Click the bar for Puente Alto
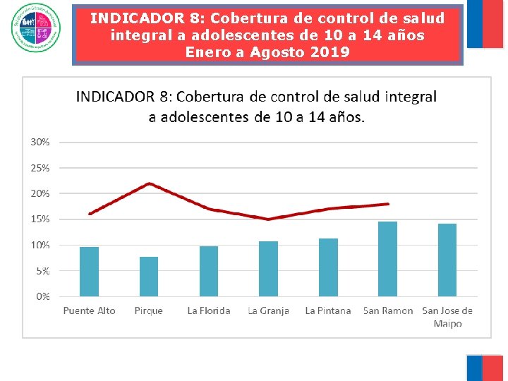coord(89,272)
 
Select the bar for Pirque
coord(149,277)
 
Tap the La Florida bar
coord(209,271)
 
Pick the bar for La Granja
coord(268,269)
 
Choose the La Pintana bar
coord(328,267)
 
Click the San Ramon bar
coord(387,259)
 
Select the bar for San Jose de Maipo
coord(447,260)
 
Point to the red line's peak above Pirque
coord(149,183)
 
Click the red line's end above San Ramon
coord(388,204)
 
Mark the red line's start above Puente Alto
coord(90,214)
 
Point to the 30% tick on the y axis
coord(40,142)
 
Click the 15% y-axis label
coord(40,219)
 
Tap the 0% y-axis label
coord(43,296)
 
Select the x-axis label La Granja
coord(268,310)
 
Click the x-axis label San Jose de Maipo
coord(447,317)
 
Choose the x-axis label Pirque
coord(149,310)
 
